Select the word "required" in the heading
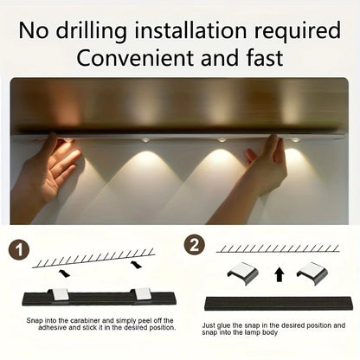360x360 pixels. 297,31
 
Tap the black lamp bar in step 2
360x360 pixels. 276,304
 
